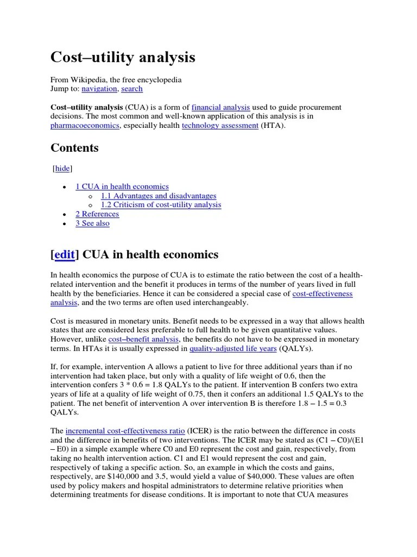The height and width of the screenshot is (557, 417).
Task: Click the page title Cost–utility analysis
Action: point(123,57)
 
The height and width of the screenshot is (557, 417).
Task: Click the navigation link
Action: point(99,89)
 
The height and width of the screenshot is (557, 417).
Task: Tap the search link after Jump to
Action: point(132,89)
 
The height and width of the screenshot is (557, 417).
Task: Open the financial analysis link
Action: point(221,107)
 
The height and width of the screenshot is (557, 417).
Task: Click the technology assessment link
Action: point(220,126)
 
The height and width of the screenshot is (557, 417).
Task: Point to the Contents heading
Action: point(74,148)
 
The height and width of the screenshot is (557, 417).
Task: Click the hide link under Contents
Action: point(62,169)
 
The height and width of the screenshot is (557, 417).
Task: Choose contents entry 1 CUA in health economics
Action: point(122,187)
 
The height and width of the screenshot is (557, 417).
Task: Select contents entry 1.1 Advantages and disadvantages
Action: point(159,196)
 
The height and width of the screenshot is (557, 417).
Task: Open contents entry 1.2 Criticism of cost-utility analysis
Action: point(161,205)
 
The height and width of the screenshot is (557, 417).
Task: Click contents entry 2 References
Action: point(97,214)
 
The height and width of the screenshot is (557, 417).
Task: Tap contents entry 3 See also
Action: point(92,224)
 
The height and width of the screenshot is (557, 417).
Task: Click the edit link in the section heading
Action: point(64,255)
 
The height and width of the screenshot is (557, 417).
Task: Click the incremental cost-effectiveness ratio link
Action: point(125,430)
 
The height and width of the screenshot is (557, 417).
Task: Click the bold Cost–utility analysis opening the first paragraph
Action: point(87,107)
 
